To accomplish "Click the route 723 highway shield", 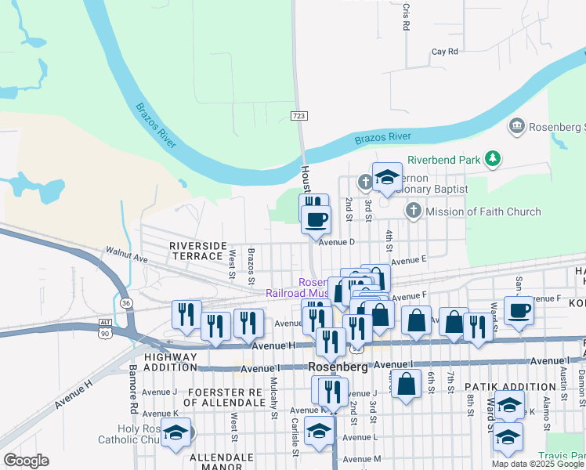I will tap(298, 116).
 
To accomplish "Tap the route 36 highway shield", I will tap(126, 302).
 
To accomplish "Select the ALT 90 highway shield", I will tap(105, 329).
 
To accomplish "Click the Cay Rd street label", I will tap(444, 52).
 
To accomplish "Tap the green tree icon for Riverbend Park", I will tap(492, 160).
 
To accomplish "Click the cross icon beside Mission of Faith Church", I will tap(414, 211).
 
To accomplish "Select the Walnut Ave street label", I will tap(126, 257).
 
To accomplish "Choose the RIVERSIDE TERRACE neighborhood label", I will tap(197, 251).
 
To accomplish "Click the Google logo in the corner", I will tap(26, 461).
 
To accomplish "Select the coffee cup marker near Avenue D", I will tap(316, 220).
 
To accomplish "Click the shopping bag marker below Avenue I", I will tap(406, 385).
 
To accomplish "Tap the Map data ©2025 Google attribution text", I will tap(537, 464).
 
